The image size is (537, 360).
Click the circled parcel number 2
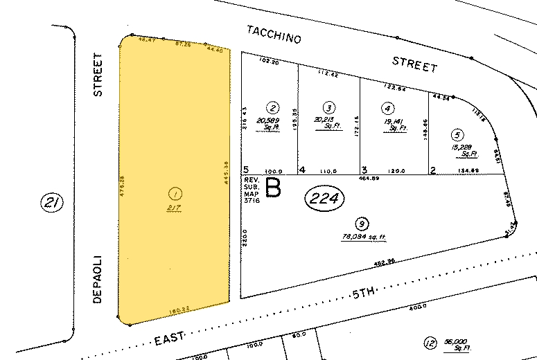click(x=273, y=107)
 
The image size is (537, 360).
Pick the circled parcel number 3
click(x=329, y=107)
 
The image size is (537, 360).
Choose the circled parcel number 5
click(x=455, y=134)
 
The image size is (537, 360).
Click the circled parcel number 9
click(x=360, y=223)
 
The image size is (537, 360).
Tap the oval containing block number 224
click(x=325, y=199)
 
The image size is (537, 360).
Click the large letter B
click(x=274, y=188)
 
